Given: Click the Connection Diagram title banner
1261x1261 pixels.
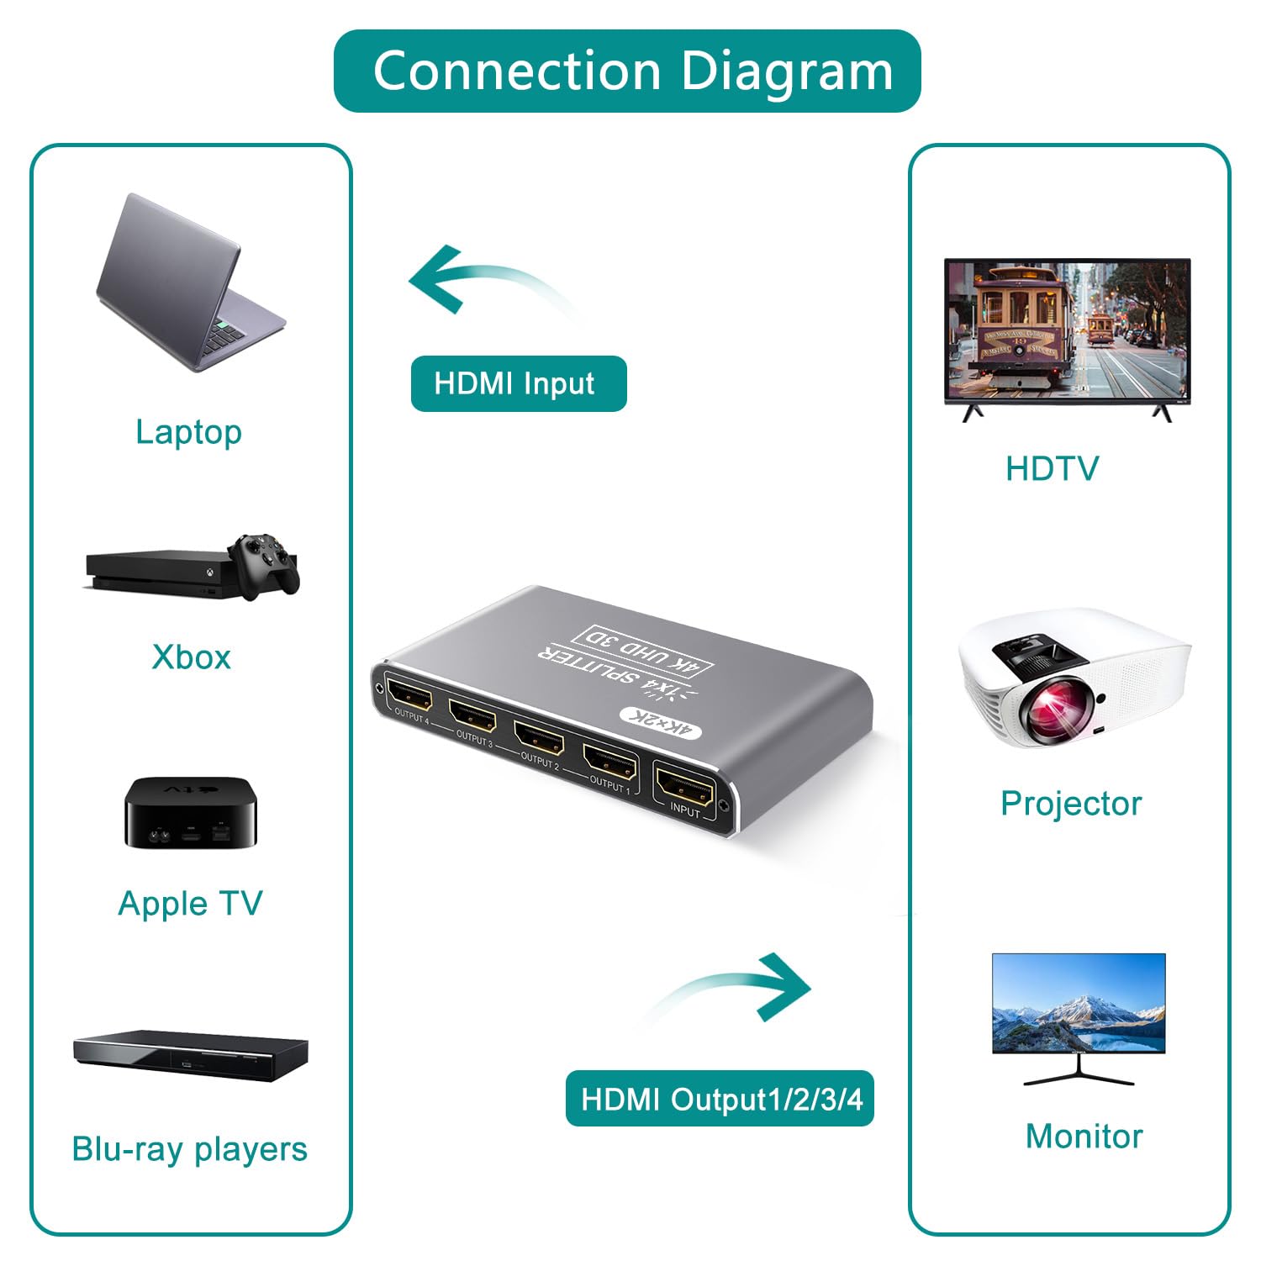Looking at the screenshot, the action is pyautogui.click(x=627, y=71).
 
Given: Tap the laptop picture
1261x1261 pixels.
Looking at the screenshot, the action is pyautogui.click(x=191, y=283).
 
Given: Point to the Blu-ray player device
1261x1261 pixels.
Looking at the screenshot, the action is pyautogui.click(x=191, y=1055).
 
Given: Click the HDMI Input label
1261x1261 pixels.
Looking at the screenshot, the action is pyautogui.click(x=519, y=383).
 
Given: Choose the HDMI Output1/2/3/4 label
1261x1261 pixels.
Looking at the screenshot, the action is pyautogui.click(x=720, y=1098).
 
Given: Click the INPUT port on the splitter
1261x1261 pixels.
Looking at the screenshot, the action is pyautogui.click(x=684, y=787).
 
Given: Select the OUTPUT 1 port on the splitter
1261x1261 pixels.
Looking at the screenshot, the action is pyautogui.click(x=610, y=762).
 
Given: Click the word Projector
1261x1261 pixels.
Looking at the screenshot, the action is pyautogui.click(x=1071, y=804).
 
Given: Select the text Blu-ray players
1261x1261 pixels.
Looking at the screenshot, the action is pyautogui.click(x=190, y=1149).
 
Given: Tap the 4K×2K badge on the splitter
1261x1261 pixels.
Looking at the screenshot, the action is pyautogui.click(x=659, y=724).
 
